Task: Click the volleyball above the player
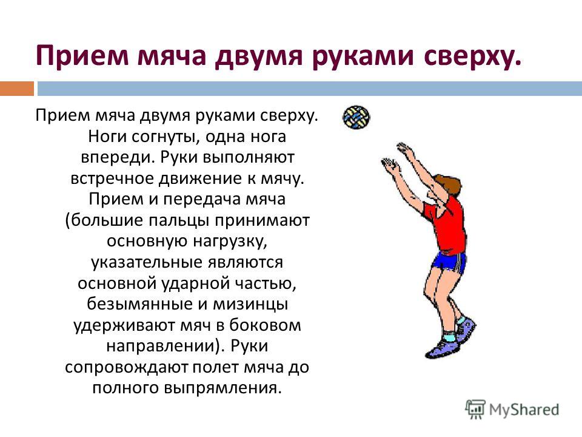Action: pyautogui.click(x=356, y=117)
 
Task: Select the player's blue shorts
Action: pyautogui.click(x=449, y=262)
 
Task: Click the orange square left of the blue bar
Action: pyautogui.click(x=17, y=89)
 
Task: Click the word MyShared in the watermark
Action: pyautogui.click(x=524, y=410)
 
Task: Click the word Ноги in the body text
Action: pyautogui.click(x=108, y=137)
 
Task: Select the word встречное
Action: pyautogui.click(x=112, y=178)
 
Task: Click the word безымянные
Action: pyautogui.click(x=139, y=304)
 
